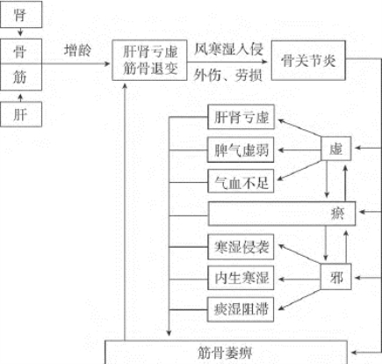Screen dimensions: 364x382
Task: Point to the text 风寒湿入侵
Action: click(x=228, y=50)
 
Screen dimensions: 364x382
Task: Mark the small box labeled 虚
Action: click(x=335, y=150)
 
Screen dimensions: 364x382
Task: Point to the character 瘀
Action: click(x=337, y=213)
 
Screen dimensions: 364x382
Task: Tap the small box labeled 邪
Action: click(x=335, y=278)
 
